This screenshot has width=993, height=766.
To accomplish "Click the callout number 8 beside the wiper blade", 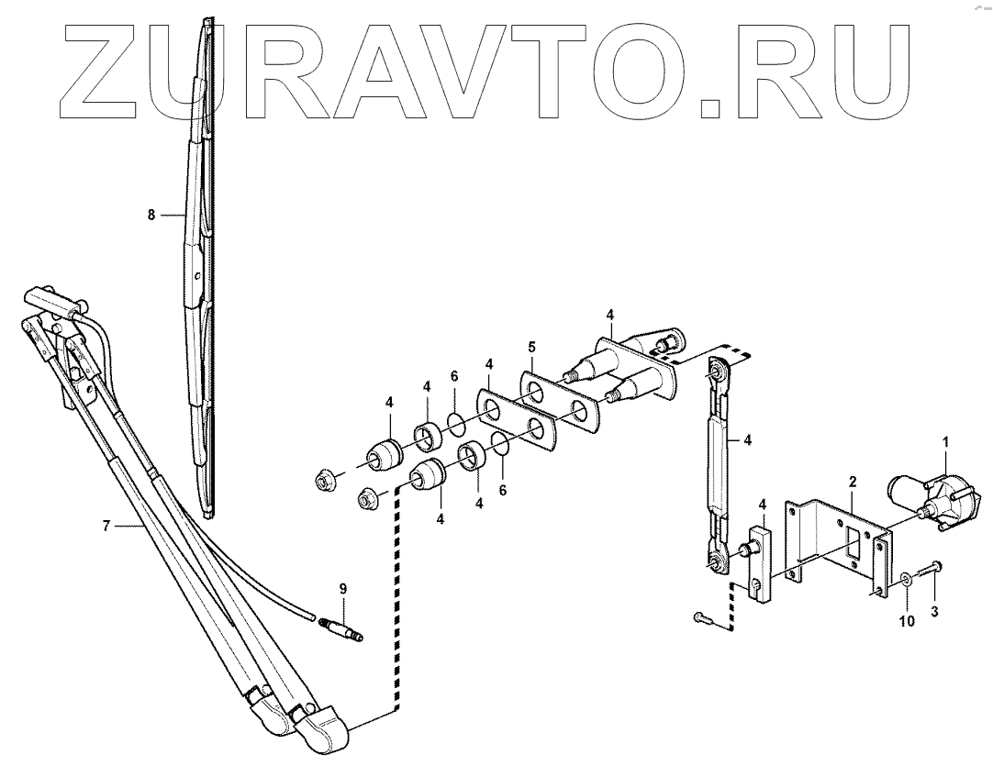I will [151, 215].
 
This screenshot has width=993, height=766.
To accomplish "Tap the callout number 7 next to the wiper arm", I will [106, 526].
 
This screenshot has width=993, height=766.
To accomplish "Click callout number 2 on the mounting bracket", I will [853, 481].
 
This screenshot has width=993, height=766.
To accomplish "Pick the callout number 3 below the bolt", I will [935, 611].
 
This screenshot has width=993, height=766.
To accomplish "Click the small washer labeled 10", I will [906, 577].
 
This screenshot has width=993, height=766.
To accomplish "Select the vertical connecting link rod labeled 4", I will [717, 468].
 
